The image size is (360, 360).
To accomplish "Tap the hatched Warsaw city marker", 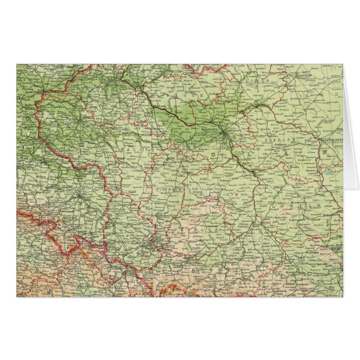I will (x=222, y=133).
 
